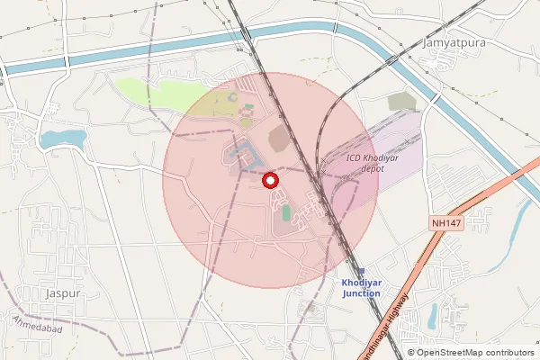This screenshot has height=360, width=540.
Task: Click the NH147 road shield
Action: tap(445, 221)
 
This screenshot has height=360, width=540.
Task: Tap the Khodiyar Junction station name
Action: tap(361, 288)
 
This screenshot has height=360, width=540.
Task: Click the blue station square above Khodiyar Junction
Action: tap(361, 271)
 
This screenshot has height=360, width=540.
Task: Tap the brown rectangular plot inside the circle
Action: tap(280, 138)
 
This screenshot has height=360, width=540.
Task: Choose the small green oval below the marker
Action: tap(286, 212)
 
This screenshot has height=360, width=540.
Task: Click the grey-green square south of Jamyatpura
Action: tap(402, 102)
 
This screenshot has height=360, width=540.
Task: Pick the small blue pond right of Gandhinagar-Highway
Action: tap(433, 315)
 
